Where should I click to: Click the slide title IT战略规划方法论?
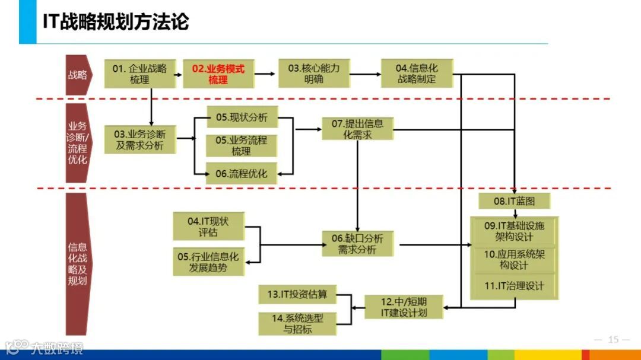pyautogui.click(x=116, y=22)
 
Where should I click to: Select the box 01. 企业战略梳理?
pyautogui.click(x=140, y=74)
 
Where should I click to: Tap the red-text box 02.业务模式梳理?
pyautogui.click(x=218, y=74)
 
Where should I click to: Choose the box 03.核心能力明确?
pyautogui.click(x=313, y=74)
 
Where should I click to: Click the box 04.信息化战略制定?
pyautogui.click(x=417, y=74)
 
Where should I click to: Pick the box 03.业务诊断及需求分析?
pyautogui.click(x=140, y=139)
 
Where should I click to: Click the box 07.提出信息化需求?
pyautogui.click(x=357, y=129)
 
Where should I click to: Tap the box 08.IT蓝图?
pyautogui.click(x=514, y=201)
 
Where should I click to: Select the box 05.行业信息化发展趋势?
pyautogui.click(x=208, y=262)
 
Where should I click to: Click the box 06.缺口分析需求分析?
pyautogui.click(x=357, y=244)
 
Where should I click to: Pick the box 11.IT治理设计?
pyautogui.click(x=514, y=286)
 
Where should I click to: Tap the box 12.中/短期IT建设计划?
pyautogui.click(x=404, y=307)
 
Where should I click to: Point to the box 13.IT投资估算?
pyautogui.click(x=297, y=294)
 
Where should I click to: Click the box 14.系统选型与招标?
pyautogui.click(x=297, y=323)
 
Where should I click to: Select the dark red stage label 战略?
pyautogui.click(x=78, y=75)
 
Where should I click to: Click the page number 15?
pyautogui.click(x=613, y=340)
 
